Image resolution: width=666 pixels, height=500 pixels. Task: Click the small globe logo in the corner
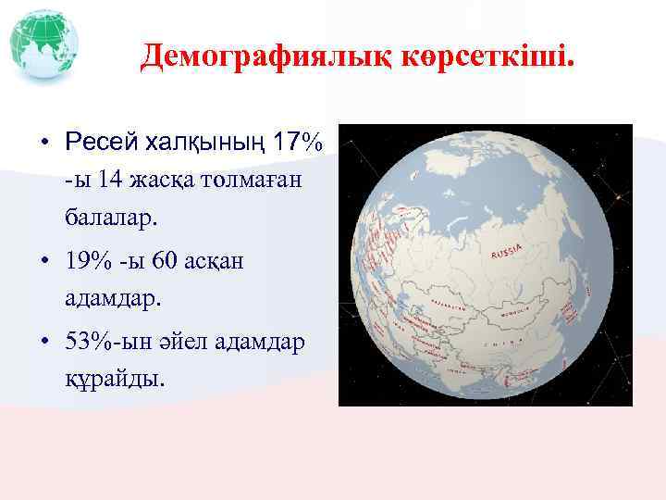pos(43,44)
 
